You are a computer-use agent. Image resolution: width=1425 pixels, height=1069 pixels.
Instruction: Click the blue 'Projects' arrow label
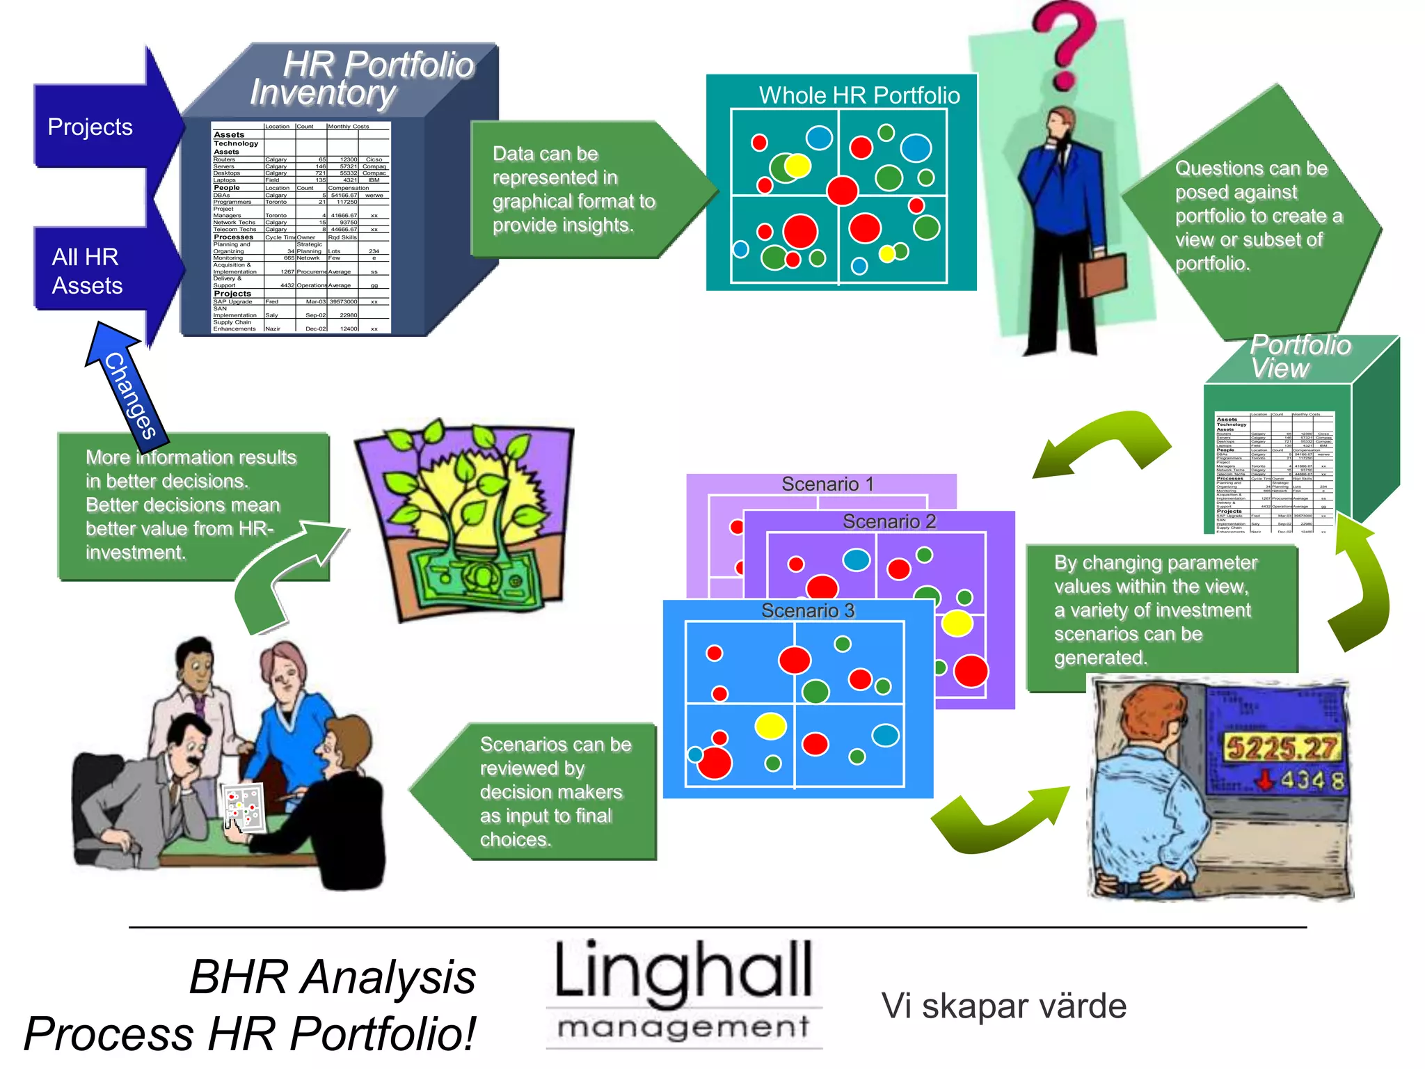[90, 127]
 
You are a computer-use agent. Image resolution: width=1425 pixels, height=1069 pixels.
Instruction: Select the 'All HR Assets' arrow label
[87, 271]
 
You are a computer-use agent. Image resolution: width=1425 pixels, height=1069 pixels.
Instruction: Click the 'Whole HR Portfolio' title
[859, 95]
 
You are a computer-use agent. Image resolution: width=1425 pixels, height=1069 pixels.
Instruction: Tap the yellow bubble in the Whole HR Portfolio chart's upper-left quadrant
[797, 166]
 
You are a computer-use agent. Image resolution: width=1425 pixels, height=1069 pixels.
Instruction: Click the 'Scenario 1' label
[827, 484]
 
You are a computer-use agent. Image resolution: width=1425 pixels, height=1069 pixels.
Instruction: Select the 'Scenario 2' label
[889, 521]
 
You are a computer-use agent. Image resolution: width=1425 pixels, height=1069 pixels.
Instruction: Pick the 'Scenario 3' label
[807, 610]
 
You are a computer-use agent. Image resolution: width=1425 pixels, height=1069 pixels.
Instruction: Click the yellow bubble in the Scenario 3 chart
[770, 726]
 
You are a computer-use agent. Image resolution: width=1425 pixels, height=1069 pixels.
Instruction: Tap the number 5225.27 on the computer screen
[1281, 747]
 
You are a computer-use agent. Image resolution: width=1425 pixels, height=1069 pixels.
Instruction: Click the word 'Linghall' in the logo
[683, 971]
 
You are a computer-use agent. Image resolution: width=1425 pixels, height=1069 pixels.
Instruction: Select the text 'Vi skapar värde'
[1003, 1006]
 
